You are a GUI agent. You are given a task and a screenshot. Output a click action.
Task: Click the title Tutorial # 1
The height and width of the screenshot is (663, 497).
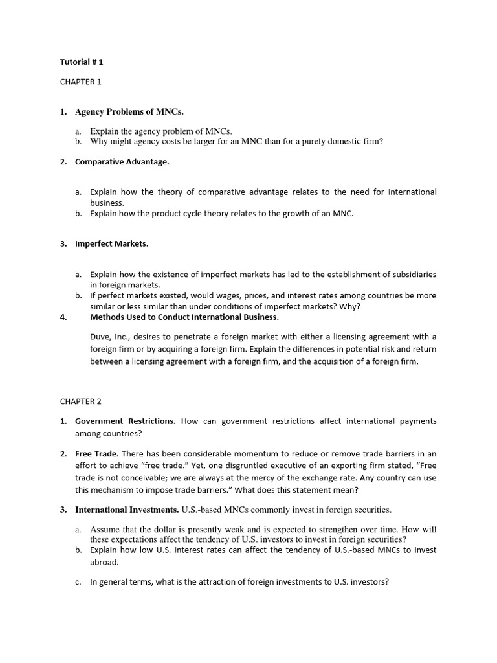click(x=82, y=63)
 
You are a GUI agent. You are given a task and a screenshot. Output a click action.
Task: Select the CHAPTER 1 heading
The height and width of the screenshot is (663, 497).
click(x=81, y=82)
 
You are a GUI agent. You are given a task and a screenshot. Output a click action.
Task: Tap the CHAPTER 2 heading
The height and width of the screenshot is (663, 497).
click(x=81, y=401)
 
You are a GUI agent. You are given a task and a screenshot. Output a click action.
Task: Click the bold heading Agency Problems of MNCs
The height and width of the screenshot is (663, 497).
click(x=125, y=112)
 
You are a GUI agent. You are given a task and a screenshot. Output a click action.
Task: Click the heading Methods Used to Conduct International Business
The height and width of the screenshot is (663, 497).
click(x=184, y=317)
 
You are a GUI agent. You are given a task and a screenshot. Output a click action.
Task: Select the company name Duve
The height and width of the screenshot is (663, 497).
click(x=100, y=337)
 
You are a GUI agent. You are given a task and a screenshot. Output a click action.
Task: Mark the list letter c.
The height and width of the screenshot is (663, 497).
click(x=78, y=582)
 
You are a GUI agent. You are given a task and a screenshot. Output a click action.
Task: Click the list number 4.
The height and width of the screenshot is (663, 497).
click(x=63, y=317)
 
